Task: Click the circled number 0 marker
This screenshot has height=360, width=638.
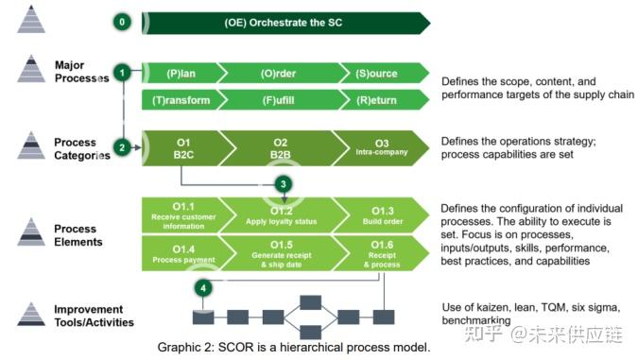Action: (x=122, y=21)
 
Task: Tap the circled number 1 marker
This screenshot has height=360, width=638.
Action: (x=122, y=72)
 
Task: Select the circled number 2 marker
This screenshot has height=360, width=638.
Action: (x=122, y=147)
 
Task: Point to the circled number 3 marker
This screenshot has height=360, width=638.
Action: (x=284, y=184)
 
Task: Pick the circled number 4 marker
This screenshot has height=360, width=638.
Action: (x=201, y=287)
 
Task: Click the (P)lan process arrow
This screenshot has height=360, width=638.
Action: (x=180, y=74)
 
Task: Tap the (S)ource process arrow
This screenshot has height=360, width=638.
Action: (x=376, y=74)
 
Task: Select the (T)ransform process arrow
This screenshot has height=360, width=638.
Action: (x=180, y=98)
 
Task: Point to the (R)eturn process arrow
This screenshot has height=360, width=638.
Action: (x=376, y=98)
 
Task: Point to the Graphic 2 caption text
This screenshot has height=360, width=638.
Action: (x=294, y=347)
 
